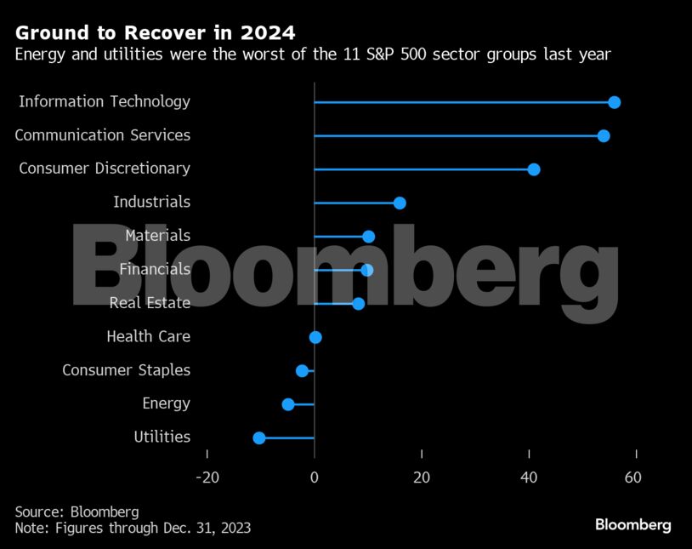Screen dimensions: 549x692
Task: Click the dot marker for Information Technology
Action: (x=614, y=102)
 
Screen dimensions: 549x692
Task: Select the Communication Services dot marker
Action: (x=604, y=136)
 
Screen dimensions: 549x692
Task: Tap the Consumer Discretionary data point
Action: (x=534, y=169)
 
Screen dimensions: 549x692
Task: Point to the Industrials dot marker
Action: (x=400, y=203)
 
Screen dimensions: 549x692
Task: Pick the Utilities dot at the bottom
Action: (x=259, y=437)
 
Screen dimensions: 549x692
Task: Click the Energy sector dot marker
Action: (x=288, y=404)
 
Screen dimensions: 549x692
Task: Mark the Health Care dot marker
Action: (x=315, y=337)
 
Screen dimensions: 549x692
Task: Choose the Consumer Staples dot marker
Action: (x=302, y=370)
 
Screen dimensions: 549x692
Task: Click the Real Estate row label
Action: (x=150, y=303)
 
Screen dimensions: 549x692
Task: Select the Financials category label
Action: (x=155, y=269)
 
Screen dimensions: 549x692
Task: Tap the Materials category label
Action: (x=157, y=236)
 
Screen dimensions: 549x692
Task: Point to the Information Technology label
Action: (x=105, y=102)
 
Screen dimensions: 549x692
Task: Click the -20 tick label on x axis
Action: (x=207, y=478)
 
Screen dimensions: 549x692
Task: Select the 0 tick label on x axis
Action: (x=315, y=478)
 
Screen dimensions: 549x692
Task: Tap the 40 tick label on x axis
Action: (x=529, y=478)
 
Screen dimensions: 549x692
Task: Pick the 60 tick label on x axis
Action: (x=632, y=478)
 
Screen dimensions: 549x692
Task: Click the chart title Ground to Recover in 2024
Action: (x=156, y=33)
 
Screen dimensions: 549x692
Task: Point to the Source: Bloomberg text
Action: (x=77, y=512)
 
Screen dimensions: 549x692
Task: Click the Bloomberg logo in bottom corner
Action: (x=632, y=524)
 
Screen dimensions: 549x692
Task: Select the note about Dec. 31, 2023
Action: (x=133, y=528)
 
